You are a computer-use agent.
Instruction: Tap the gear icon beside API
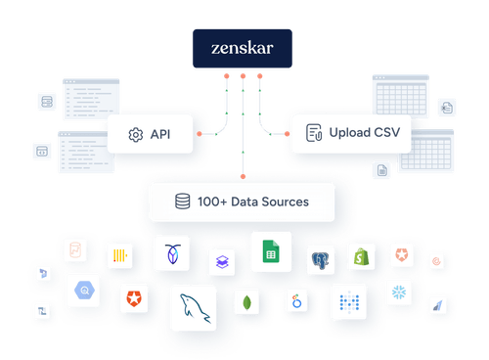[x=136, y=133]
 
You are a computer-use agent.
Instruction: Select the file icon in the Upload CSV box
[x=314, y=133]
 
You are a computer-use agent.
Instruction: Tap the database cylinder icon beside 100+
[x=181, y=202]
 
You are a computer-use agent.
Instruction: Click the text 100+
[x=215, y=202]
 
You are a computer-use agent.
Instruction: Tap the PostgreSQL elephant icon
[x=321, y=260]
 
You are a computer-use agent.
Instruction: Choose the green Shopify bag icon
[x=363, y=256]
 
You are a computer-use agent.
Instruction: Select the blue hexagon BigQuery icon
[x=85, y=291]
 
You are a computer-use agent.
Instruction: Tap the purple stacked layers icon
[x=221, y=262]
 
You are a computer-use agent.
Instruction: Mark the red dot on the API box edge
[x=199, y=133]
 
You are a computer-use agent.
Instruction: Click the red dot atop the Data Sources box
[x=243, y=177]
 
